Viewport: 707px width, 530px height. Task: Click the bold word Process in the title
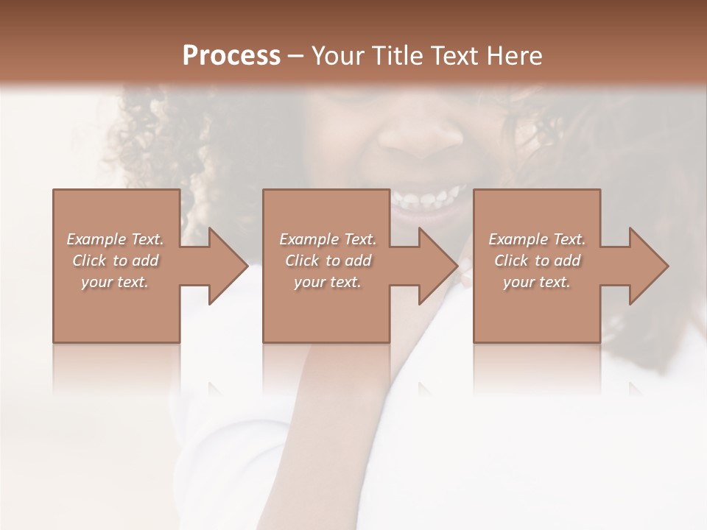(231, 56)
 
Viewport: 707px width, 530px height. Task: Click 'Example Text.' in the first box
(115, 239)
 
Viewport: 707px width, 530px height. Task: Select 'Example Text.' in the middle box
(328, 239)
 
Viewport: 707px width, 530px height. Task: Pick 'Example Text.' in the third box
(537, 239)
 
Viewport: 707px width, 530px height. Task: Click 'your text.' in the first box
(115, 282)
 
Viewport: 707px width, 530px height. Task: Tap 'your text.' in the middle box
(328, 282)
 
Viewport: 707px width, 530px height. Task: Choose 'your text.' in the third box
(537, 282)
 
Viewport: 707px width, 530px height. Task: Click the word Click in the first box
(88, 261)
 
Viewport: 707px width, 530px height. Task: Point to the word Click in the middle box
(301, 261)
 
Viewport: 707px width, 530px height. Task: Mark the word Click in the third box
(510, 261)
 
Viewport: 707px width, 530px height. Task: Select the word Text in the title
(454, 56)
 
